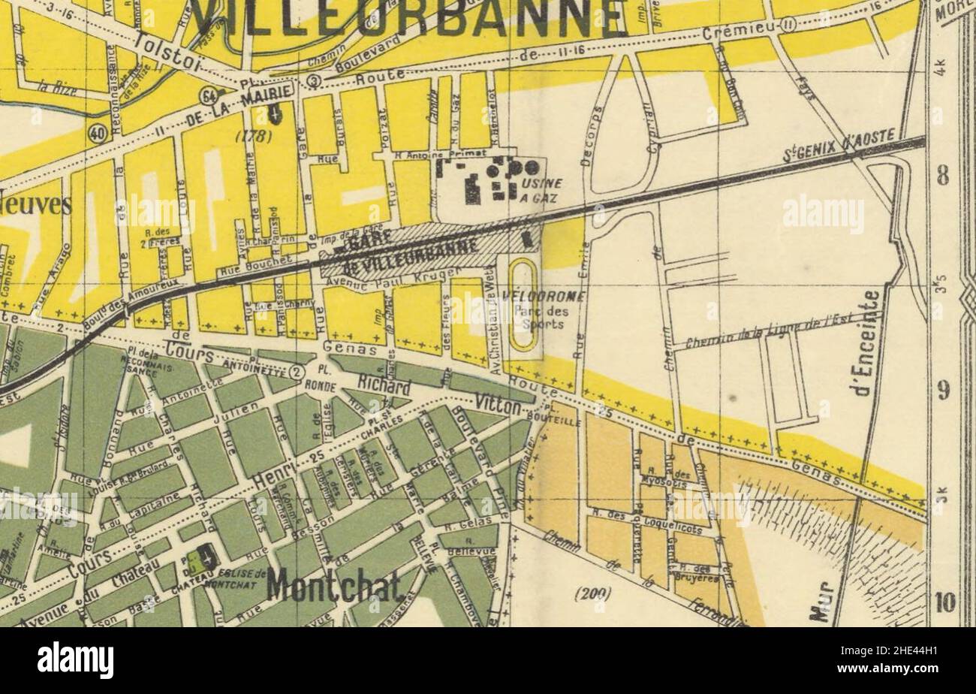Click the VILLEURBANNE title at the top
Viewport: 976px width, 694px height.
[x=406, y=17]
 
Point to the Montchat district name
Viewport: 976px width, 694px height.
[x=334, y=585]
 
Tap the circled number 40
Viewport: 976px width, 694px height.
[x=97, y=133]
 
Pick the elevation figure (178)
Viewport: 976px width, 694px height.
[x=252, y=136]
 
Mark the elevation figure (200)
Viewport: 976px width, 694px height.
[x=593, y=593]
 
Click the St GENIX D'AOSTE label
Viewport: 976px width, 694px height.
[x=839, y=145]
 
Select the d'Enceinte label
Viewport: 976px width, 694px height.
[x=871, y=342]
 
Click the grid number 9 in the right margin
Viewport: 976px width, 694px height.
[x=943, y=391]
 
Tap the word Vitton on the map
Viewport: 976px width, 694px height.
[x=498, y=405]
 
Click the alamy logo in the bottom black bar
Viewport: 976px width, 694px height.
[x=76, y=660]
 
